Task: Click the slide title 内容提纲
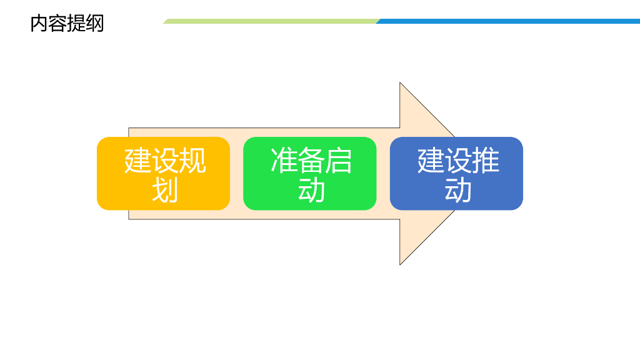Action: (x=67, y=24)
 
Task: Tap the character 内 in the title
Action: (x=39, y=24)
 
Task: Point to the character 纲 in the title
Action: (x=95, y=24)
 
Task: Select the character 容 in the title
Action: (x=57, y=24)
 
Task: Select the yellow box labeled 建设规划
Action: (x=163, y=173)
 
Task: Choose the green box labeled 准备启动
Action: (x=309, y=173)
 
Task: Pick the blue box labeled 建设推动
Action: (x=456, y=173)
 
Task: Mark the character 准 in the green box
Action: (x=284, y=161)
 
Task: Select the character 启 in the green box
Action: (x=339, y=161)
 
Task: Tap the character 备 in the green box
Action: (x=311, y=161)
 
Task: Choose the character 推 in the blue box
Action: (x=486, y=161)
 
